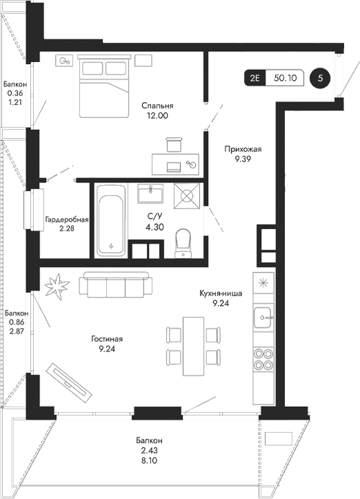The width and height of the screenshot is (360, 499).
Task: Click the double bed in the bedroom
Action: [103, 88]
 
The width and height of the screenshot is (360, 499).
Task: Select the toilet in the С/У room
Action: [183, 242]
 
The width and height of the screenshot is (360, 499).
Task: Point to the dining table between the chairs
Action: [194, 345]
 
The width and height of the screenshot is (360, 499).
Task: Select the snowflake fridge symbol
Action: [263, 283]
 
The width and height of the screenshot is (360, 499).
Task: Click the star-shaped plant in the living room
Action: [58, 285]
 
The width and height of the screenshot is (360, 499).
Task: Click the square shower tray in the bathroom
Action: [188, 195]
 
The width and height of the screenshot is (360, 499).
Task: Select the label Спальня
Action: [157, 106]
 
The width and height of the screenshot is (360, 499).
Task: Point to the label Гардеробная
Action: [67, 220]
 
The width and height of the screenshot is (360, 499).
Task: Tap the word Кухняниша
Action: [220, 293]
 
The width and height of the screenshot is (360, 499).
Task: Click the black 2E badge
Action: [254, 78]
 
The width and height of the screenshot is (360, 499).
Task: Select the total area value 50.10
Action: [285, 78]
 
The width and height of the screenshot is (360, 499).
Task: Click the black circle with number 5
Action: [319, 78]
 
